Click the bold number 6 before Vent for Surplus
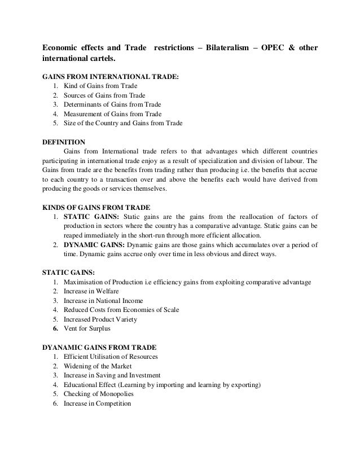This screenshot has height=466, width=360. [x=55, y=328]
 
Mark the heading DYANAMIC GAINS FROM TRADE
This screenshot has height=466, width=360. [x=104, y=346]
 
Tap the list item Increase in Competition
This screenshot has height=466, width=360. [x=97, y=403]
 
